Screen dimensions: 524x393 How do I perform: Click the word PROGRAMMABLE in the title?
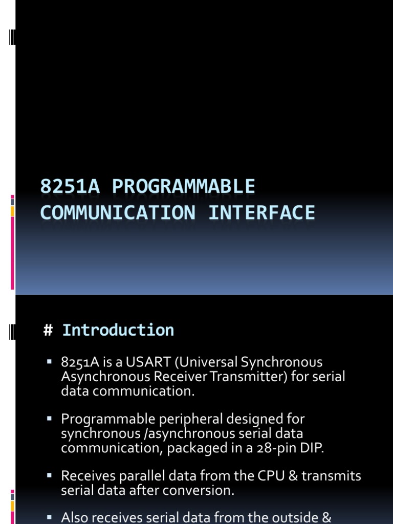click(x=184, y=187)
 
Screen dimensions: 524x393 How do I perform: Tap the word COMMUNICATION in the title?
click(x=118, y=212)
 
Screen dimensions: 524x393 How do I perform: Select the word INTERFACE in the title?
click(x=261, y=212)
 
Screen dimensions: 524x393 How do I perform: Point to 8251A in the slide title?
click(x=71, y=187)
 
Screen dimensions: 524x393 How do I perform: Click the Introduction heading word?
click(x=118, y=331)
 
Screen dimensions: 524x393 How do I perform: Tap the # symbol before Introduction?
click(x=49, y=331)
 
